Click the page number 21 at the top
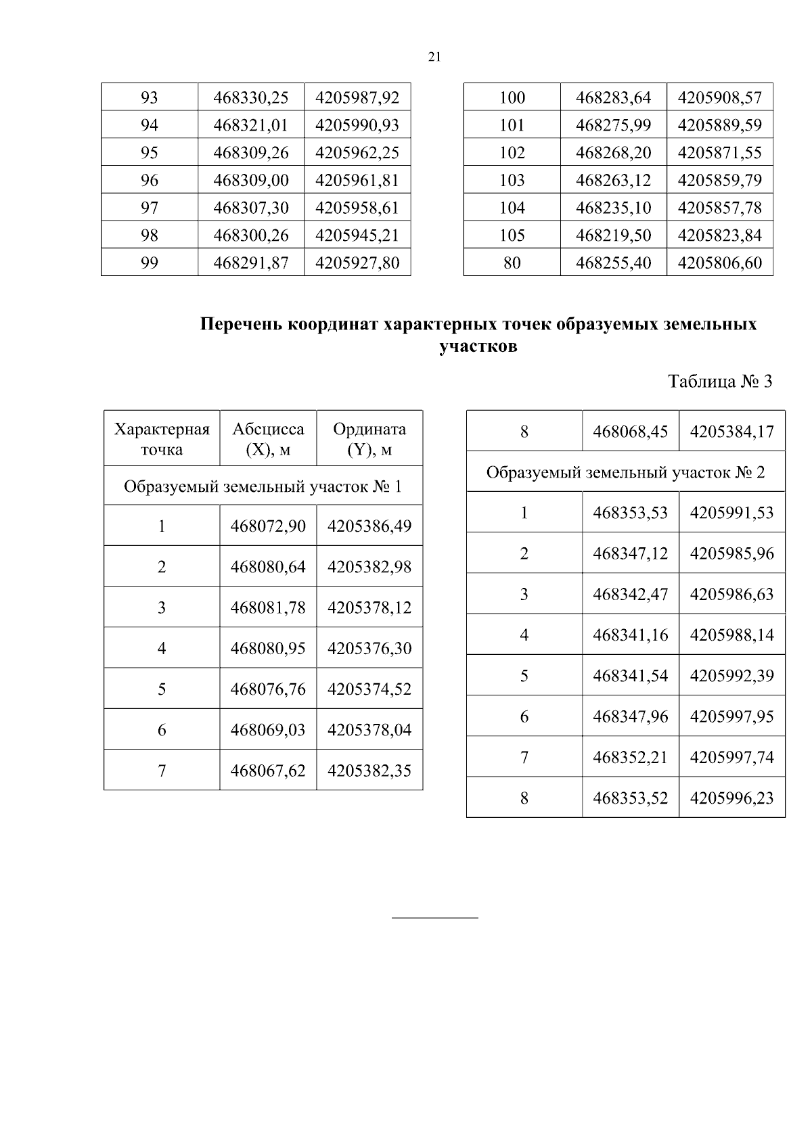[x=434, y=58]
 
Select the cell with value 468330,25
[x=251, y=97]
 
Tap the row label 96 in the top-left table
[x=149, y=180]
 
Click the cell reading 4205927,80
[x=357, y=262]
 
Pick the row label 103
[x=512, y=180]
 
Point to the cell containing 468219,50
[x=613, y=235]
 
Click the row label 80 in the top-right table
[x=512, y=262]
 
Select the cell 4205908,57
[x=719, y=97]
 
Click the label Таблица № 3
[x=720, y=382]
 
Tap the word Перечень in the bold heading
[x=241, y=325]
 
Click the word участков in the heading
[x=478, y=347]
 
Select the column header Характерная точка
[x=162, y=439]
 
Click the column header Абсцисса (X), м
[x=268, y=439]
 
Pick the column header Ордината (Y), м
[x=369, y=439]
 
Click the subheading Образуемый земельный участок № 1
[x=263, y=486]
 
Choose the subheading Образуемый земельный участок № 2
[x=625, y=472]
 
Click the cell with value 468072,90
[x=268, y=526]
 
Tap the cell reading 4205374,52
[x=369, y=689]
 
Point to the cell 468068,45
[x=630, y=432]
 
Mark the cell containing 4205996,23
[x=731, y=798]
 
